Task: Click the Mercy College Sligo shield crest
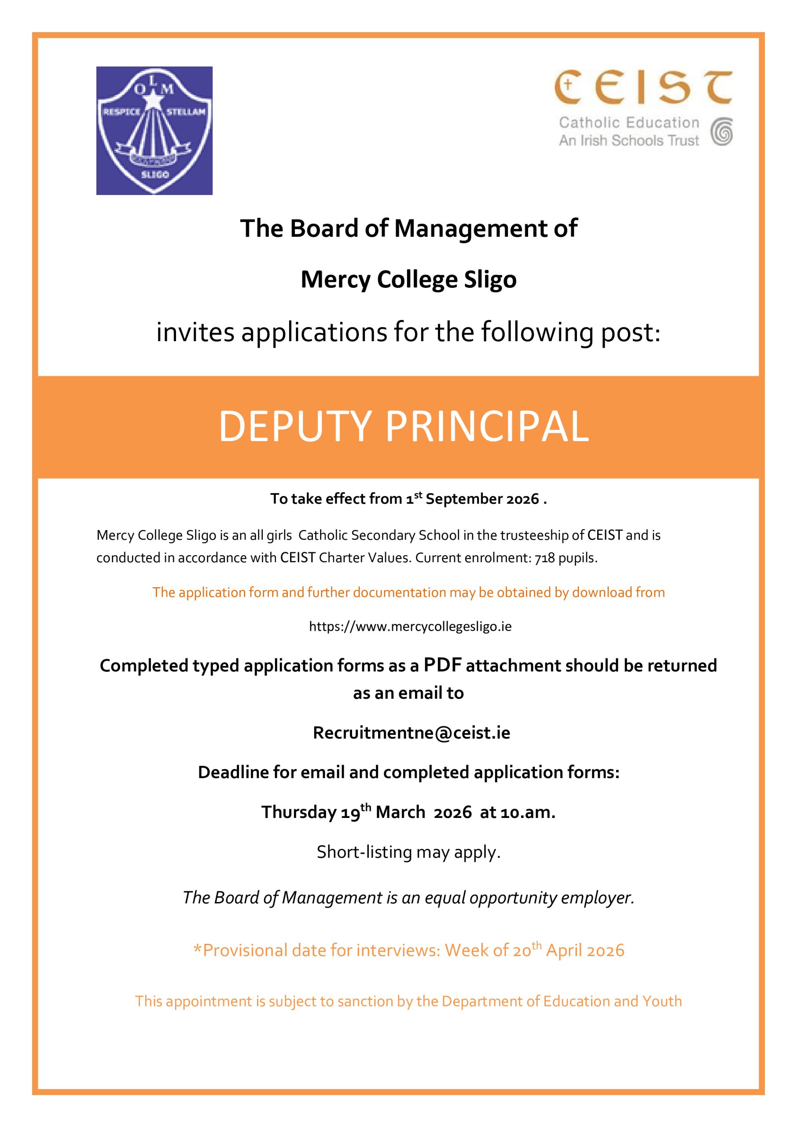[x=154, y=131]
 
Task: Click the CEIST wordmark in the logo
[x=643, y=87]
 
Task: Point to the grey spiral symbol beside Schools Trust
[x=722, y=132]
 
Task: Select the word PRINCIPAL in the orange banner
[x=487, y=427]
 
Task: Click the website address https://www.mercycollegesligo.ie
[x=410, y=627]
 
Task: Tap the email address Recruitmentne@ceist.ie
[x=411, y=733]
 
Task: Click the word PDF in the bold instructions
[x=443, y=665]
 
